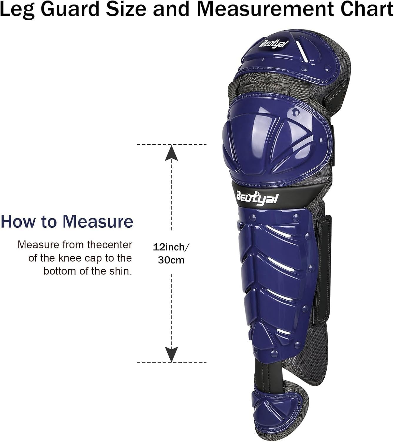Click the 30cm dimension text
(171, 260)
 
